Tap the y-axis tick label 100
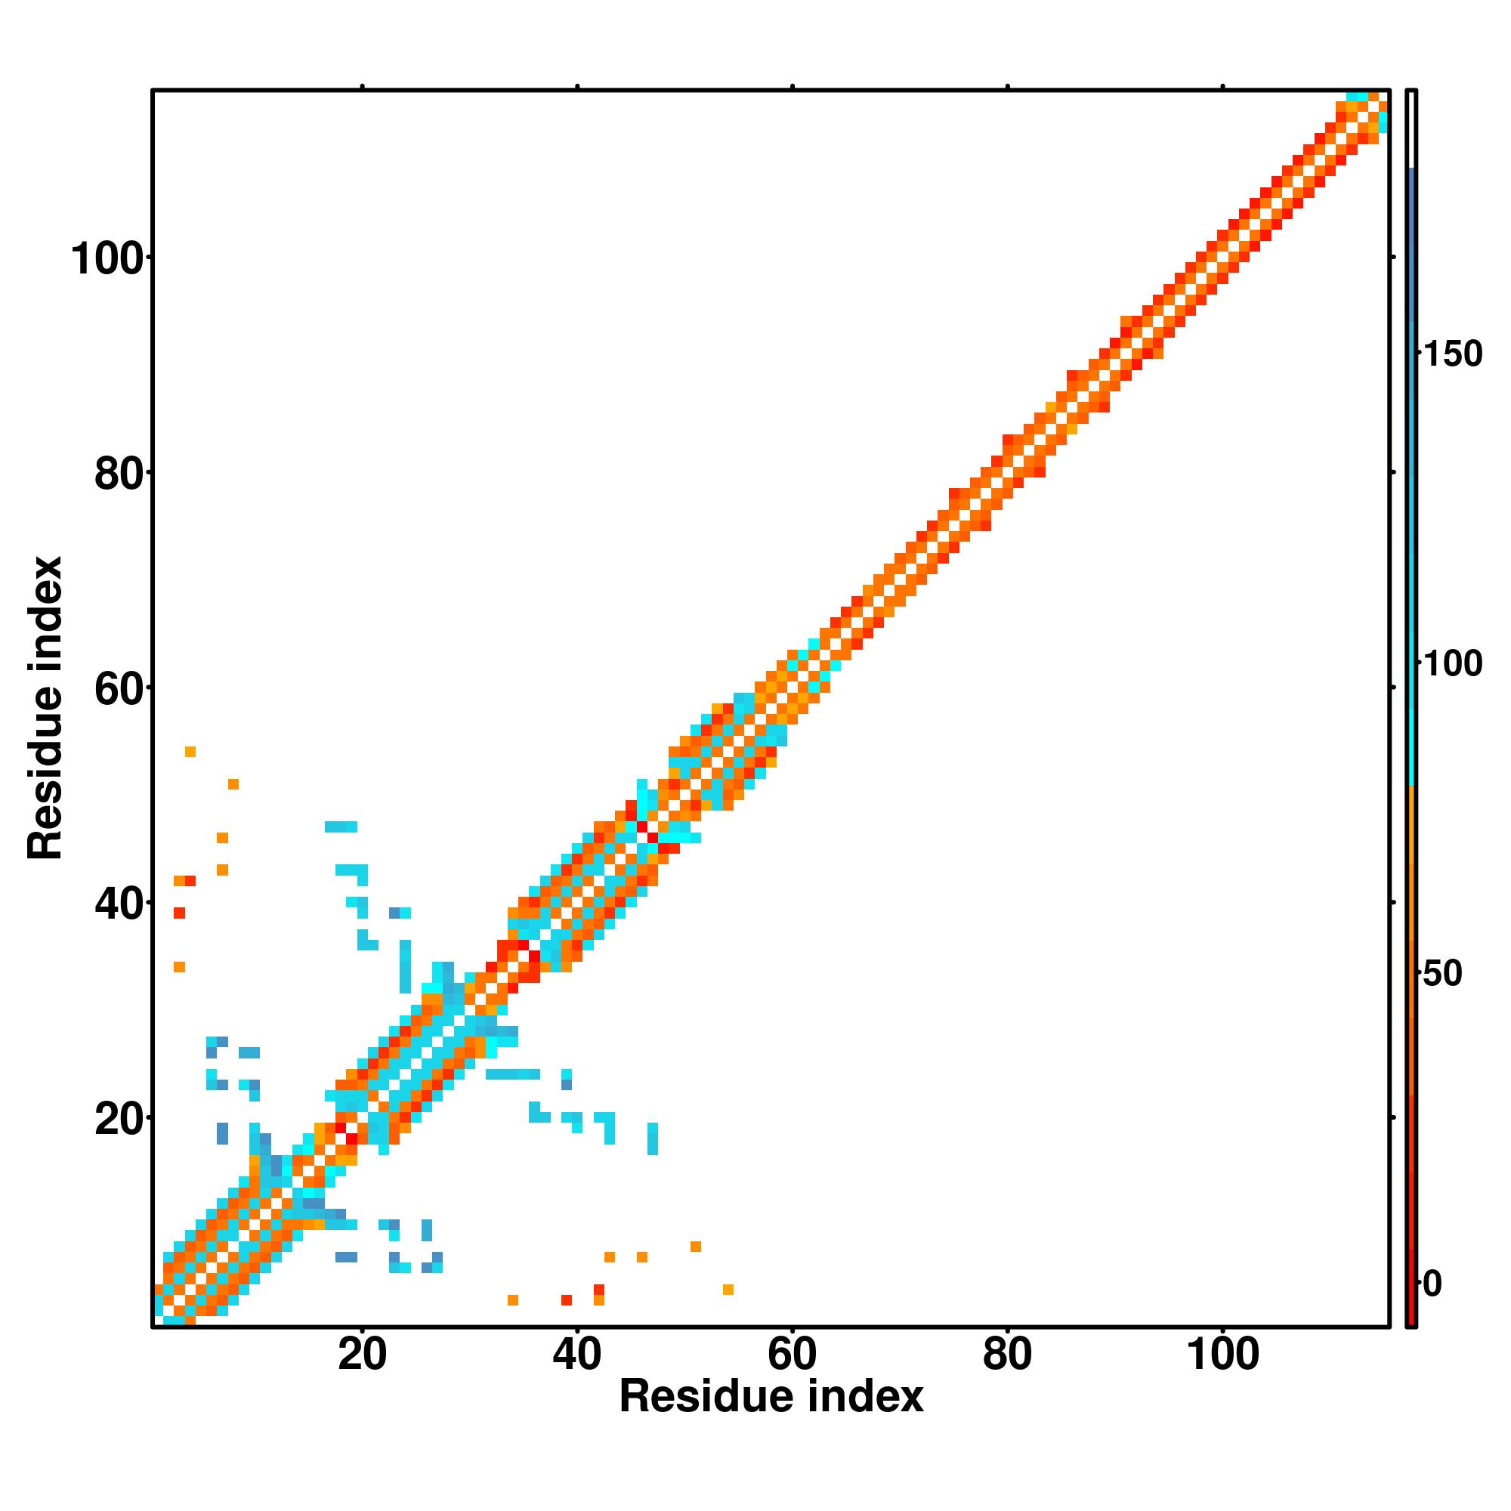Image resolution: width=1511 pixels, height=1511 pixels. (x=110, y=259)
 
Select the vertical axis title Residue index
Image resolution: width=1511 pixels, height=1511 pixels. (x=45, y=708)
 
